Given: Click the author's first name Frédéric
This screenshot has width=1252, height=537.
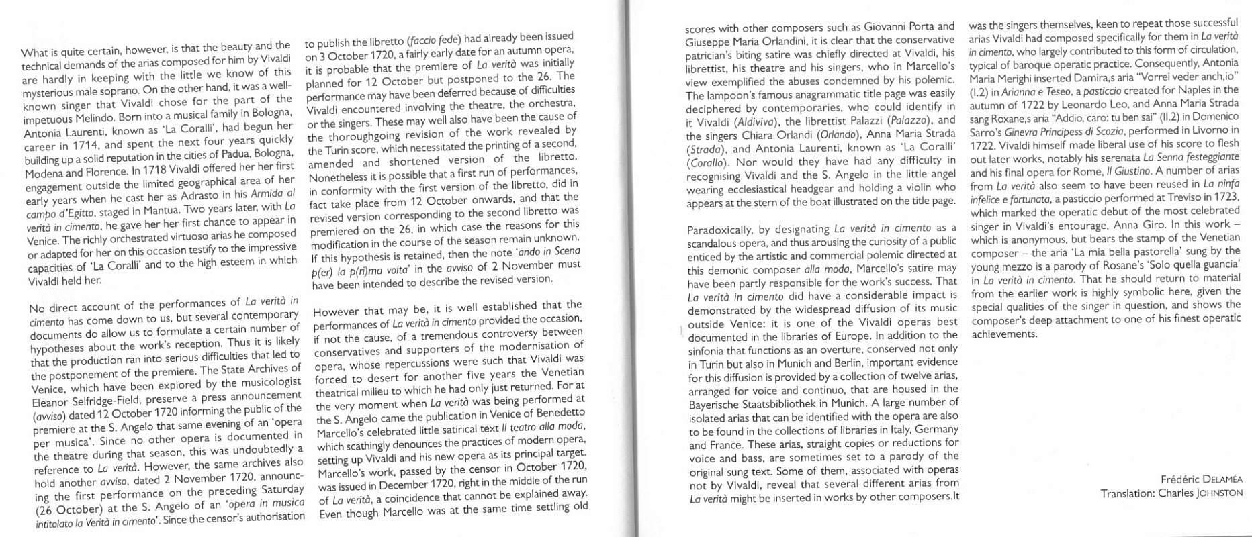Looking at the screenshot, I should [1181, 479].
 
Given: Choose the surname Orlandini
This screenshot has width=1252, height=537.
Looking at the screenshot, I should [787, 42].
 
